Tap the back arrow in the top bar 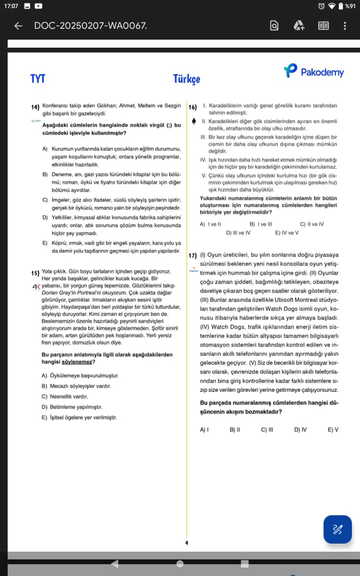18,25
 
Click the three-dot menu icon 344,25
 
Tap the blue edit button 337,529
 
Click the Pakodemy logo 314,71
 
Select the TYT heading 37,78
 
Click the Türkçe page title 186,79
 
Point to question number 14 35,107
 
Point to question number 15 35,273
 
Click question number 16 192,107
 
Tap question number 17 192,255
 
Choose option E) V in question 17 333,429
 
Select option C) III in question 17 267,429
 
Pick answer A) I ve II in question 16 210,224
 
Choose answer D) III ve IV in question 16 238,232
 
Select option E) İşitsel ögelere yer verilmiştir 79,417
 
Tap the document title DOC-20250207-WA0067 90,25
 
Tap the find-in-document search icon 274,25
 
